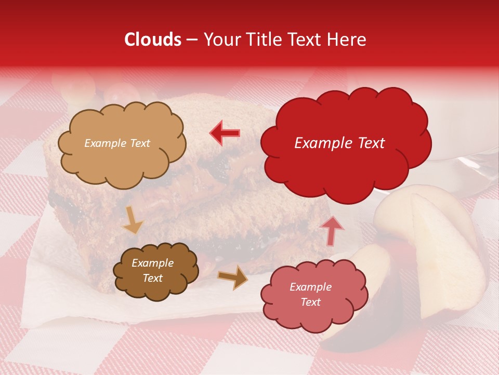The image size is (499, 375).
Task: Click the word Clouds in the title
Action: click(153, 40)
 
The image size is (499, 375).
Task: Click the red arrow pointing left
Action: click(225, 133)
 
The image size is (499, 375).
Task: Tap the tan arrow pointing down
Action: click(133, 219)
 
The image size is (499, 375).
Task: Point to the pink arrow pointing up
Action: click(332, 230)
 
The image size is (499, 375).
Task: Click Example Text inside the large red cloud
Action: click(339, 143)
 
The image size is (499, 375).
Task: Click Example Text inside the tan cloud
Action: click(117, 143)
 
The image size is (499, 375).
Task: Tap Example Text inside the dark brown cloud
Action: click(152, 271)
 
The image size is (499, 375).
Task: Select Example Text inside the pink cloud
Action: click(310, 294)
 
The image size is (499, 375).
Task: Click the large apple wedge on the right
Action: click(442, 250)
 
